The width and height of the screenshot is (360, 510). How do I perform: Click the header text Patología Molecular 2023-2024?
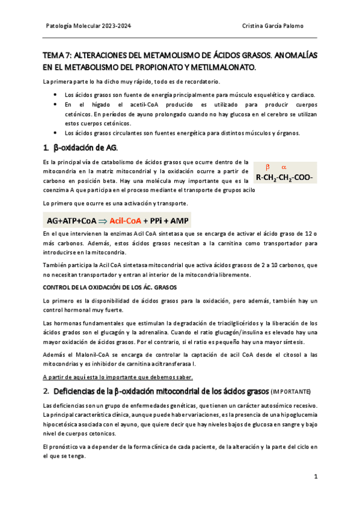(x=88, y=26)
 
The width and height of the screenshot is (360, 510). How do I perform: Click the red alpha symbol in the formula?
(x=284, y=167)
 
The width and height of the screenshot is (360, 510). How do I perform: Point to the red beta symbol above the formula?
(x=268, y=167)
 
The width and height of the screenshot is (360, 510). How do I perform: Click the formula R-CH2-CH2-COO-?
(x=285, y=177)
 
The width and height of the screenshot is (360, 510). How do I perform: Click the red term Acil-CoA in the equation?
(x=129, y=220)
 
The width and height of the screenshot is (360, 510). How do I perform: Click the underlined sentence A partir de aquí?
(x=118, y=377)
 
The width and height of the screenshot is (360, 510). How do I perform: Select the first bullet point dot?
(x=55, y=95)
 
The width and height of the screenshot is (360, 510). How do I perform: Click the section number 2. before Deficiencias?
(x=46, y=390)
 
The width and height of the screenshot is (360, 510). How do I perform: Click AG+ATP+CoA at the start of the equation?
(x=71, y=220)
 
